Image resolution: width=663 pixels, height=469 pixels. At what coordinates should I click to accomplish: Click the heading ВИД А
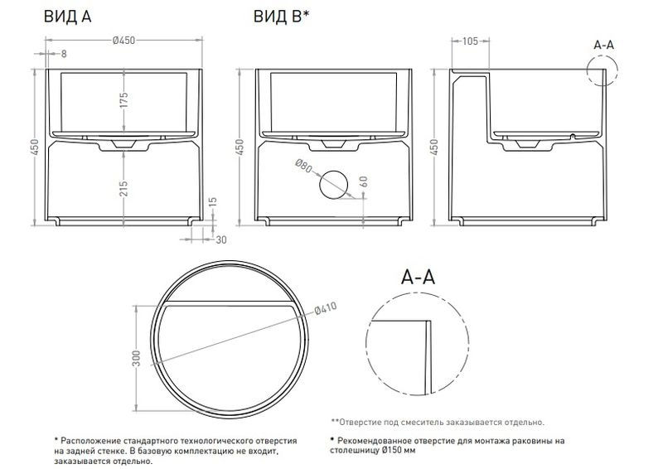point(68,17)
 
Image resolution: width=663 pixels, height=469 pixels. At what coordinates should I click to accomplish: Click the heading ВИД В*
point(281,17)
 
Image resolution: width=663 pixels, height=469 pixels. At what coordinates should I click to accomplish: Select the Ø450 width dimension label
point(123,40)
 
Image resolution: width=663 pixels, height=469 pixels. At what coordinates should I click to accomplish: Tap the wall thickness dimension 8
point(64,54)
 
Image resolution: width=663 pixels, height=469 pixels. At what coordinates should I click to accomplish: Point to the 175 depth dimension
point(123,100)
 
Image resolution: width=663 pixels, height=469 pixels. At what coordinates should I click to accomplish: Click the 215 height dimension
point(123,189)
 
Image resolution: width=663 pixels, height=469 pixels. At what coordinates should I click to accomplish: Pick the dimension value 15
point(213,202)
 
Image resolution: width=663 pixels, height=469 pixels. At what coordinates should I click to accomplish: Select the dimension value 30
point(221,239)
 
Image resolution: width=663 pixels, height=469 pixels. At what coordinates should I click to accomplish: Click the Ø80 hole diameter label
point(302,166)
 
